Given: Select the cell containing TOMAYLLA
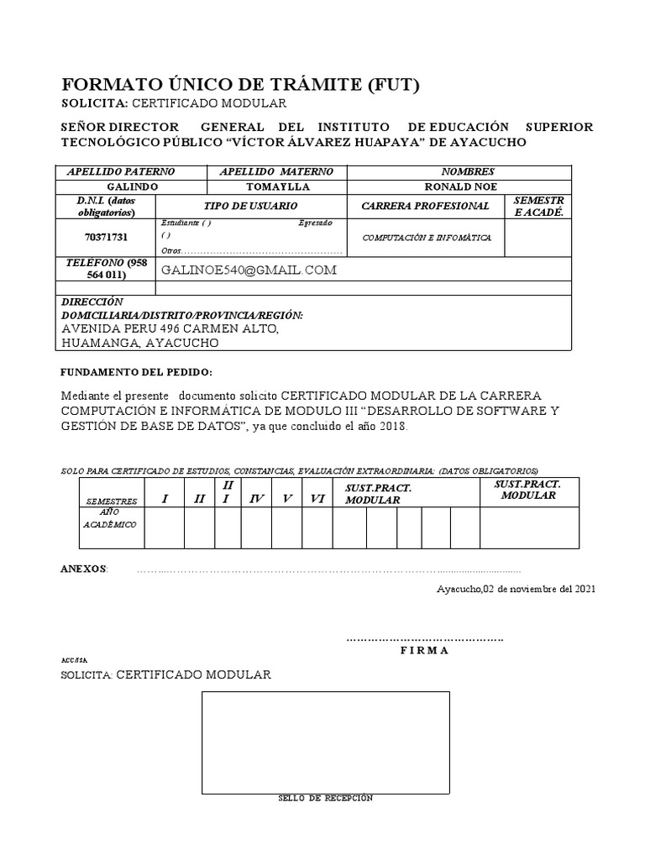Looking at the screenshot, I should pos(278,186).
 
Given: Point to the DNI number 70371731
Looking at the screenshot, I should pos(88,238).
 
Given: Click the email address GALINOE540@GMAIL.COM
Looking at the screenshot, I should pos(249,270).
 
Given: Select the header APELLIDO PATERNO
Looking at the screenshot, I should pos(130,170).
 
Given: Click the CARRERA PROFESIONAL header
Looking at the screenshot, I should pos(425,206).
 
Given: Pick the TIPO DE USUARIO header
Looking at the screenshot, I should pos(250,206).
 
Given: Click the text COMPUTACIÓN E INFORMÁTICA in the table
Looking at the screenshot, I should pos(427,238).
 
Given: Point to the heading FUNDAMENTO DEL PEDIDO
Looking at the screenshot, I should pos(138,372).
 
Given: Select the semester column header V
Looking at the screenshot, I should pos(287,499).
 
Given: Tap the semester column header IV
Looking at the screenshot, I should pos(257,499).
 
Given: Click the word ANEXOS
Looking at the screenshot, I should pos(84,569).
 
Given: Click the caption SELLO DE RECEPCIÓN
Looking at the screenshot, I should pos(325,799).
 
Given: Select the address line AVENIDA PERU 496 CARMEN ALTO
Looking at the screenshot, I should pos(170,329).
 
